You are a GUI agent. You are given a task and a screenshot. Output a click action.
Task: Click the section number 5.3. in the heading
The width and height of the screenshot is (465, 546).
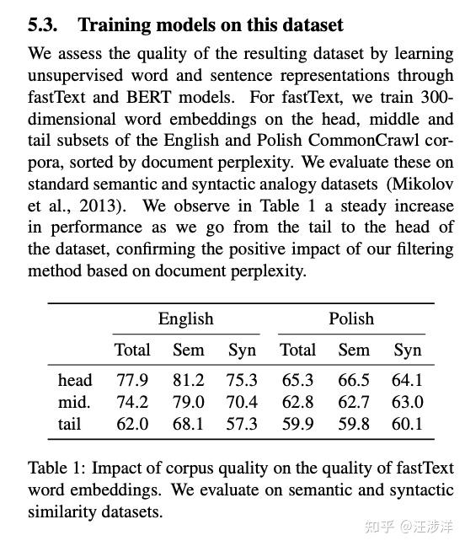pos(45,25)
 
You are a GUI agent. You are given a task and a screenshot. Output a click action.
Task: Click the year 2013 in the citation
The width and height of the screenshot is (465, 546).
pos(103,206)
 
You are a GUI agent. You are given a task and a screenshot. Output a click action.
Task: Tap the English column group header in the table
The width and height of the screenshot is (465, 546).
pos(185,318)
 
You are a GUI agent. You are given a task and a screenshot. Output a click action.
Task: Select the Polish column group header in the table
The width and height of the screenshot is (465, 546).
pos(350,318)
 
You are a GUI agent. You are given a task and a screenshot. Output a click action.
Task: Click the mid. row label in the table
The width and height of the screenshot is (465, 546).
pos(74,402)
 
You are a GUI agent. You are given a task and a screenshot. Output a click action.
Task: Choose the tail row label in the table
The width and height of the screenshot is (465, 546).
pos(70,423)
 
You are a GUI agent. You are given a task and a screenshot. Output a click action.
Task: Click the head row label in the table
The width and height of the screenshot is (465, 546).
pos(75,380)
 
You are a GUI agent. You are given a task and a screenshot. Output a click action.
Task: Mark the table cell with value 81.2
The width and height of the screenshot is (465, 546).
pos(188,380)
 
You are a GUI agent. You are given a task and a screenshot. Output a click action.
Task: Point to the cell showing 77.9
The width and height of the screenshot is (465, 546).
pos(132,380)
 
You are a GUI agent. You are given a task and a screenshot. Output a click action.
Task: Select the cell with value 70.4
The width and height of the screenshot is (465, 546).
pos(242,402)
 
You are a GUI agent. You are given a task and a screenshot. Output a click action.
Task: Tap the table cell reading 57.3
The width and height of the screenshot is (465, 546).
pos(242,423)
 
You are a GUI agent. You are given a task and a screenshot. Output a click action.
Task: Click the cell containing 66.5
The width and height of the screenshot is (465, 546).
pos(353,380)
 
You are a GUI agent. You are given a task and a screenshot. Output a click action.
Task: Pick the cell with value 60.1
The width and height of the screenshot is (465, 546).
pos(407,423)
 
